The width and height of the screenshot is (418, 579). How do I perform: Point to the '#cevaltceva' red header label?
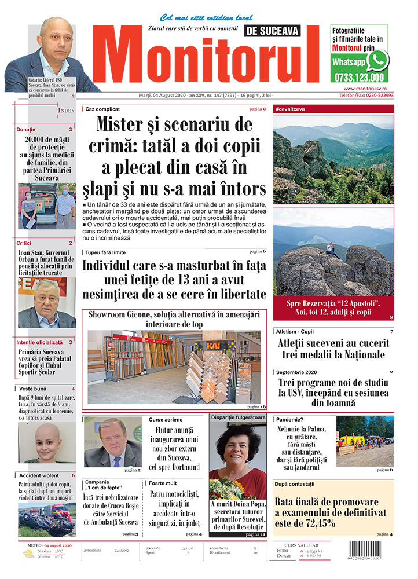tap(291, 109)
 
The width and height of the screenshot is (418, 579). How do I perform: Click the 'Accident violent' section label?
tap(39, 475)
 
